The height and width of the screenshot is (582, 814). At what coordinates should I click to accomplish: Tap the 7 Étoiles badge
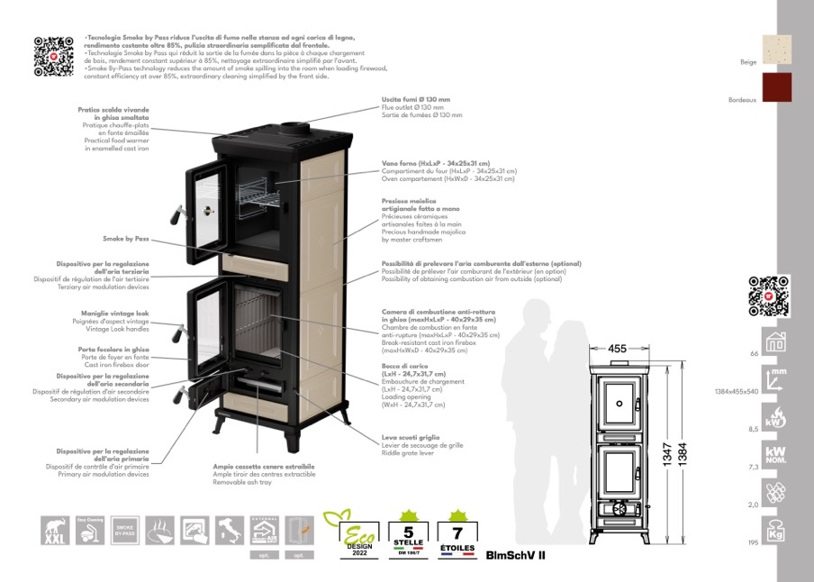click(458, 533)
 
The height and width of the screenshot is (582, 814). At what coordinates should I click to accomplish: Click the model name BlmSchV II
click(515, 555)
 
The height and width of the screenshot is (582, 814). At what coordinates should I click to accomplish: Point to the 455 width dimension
click(617, 349)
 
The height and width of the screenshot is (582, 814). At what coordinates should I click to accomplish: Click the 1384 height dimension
click(682, 455)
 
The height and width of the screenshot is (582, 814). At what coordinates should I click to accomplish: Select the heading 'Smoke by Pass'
click(126, 239)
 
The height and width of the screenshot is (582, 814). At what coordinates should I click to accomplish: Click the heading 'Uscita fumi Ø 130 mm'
click(416, 99)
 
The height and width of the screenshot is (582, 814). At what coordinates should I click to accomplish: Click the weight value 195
click(754, 544)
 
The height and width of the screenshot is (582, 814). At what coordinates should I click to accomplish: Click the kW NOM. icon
click(774, 455)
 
